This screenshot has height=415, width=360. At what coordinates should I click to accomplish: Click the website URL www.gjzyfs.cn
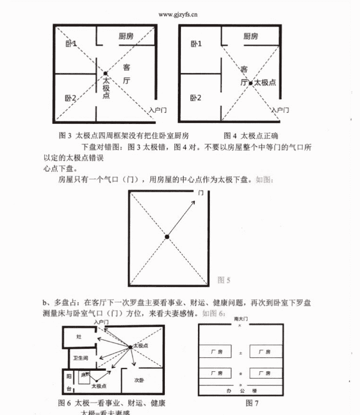pos(178,14)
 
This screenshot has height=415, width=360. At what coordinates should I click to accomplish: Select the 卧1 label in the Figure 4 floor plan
pos(196,44)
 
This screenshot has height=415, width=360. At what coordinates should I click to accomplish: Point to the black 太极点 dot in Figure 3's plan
pos(105,73)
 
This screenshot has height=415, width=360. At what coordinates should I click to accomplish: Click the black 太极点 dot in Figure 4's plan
pos(250,82)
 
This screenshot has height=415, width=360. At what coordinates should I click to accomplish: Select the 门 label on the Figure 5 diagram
pos(201,193)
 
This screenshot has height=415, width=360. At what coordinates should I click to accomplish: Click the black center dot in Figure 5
pos(167,236)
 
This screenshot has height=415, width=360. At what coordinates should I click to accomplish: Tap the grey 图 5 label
pos(224,280)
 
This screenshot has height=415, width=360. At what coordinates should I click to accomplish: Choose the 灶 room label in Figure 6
pos(79,337)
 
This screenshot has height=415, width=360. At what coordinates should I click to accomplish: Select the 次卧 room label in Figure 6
pos(139,380)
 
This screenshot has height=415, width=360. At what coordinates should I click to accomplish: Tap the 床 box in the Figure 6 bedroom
pos(84,376)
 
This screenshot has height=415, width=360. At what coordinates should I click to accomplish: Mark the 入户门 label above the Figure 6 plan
pos(101,323)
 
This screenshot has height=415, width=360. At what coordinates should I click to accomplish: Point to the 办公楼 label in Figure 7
pos(240,390)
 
